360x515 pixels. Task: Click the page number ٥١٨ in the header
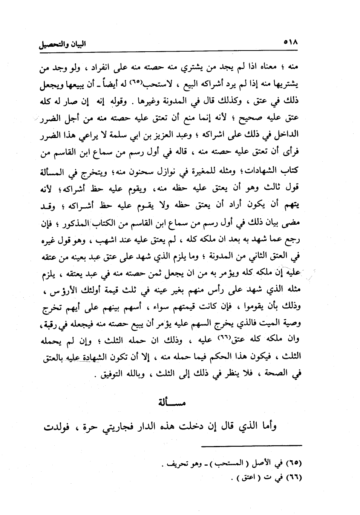pyautogui.click(x=290, y=43)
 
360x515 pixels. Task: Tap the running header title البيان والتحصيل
pyautogui.click(x=63, y=44)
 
